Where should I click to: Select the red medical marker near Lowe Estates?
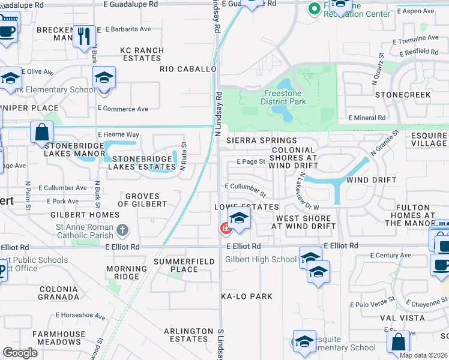(225, 228)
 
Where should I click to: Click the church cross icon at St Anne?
(122, 229)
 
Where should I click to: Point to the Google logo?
(20, 353)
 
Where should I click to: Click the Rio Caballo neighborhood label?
(188, 69)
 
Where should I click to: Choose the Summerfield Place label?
(176, 265)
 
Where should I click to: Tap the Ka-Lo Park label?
(247, 296)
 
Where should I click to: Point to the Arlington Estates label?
(188, 335)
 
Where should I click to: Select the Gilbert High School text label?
(261, 259)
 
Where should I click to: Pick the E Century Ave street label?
(391, 256)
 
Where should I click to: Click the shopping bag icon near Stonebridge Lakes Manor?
(41, 132)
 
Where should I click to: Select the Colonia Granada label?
(58, 293)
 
